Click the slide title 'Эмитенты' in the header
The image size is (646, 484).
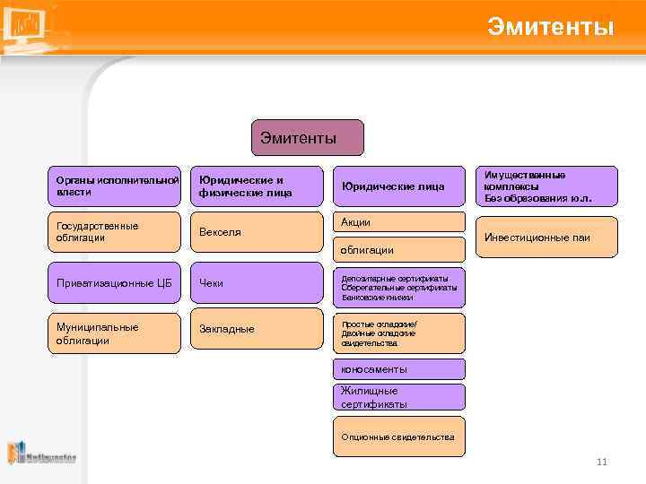(x=550, y=27)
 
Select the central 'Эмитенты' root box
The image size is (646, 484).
(x=308, y=138)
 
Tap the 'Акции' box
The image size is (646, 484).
(x=398, y=222)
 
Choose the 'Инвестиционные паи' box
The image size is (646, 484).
(x=546, y=238)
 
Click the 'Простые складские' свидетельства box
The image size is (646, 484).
(x=398, y=333)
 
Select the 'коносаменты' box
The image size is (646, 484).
(x=398, y=369)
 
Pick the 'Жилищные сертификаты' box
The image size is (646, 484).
(x=398, y=397)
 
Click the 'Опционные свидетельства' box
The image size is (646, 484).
(x=398, y=437)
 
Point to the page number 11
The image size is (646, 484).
(x=601, y=462)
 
